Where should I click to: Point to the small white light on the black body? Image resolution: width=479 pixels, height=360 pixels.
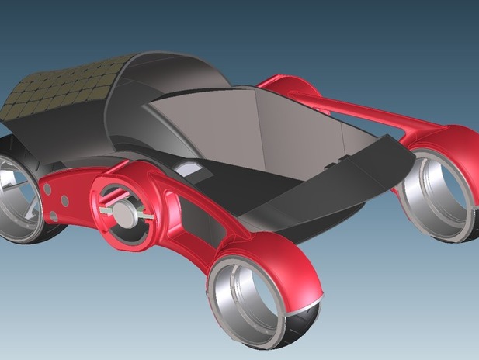[187, 168]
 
